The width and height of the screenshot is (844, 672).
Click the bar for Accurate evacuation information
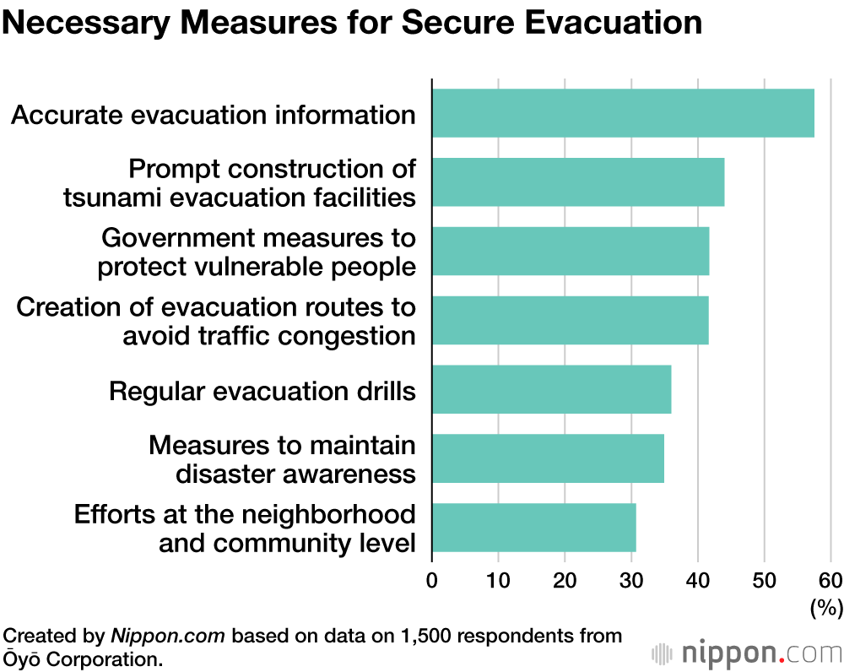tap(623, 113)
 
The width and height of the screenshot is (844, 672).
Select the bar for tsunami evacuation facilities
tap(578, 182)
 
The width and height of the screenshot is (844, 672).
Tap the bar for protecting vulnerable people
tap(571, 252)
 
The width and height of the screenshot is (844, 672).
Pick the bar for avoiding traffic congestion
tap(571, 320)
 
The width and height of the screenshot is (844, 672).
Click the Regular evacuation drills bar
tap(551, 389)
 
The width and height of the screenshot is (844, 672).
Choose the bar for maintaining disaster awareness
tap(548, 458)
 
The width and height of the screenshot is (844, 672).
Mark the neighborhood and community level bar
tap(533, 528)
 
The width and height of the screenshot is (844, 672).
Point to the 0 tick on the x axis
tap(432, 580)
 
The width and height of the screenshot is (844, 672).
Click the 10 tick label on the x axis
tap(498, 580)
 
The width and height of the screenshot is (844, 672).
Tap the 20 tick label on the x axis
tap(565, 580)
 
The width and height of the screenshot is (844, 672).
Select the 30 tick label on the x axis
tap(630, 580)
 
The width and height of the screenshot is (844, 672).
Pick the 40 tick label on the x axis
tap(697, 580)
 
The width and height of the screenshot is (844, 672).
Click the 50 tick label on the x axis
tap(764, 580)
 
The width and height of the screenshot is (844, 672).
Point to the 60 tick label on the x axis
tap(830, 580)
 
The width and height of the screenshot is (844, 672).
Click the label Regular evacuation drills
tap(262, 391)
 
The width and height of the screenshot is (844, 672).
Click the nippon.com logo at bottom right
tap(747, 653)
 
